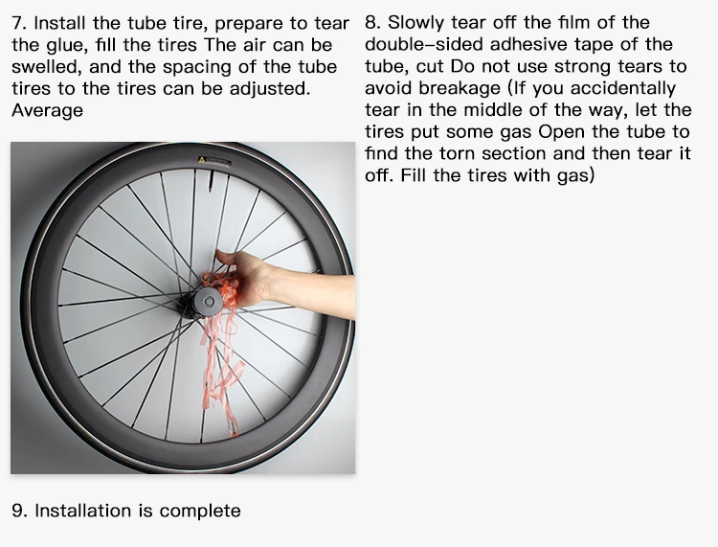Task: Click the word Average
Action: (x=47, y=110)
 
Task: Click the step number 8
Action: (x=372, y=23)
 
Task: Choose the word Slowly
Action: (x=417, y=23)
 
